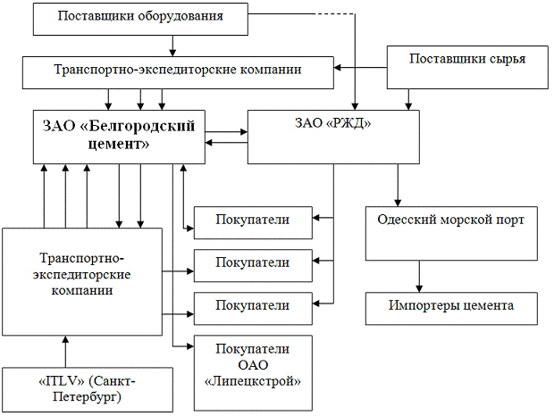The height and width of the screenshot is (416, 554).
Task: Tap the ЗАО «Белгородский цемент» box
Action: coord(119,137)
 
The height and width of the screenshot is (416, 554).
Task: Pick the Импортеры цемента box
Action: coord(451,306)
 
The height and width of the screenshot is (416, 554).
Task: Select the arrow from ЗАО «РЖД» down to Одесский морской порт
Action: coord(397,186)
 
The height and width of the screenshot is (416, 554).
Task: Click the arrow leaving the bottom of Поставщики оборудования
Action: coord(172,45)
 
